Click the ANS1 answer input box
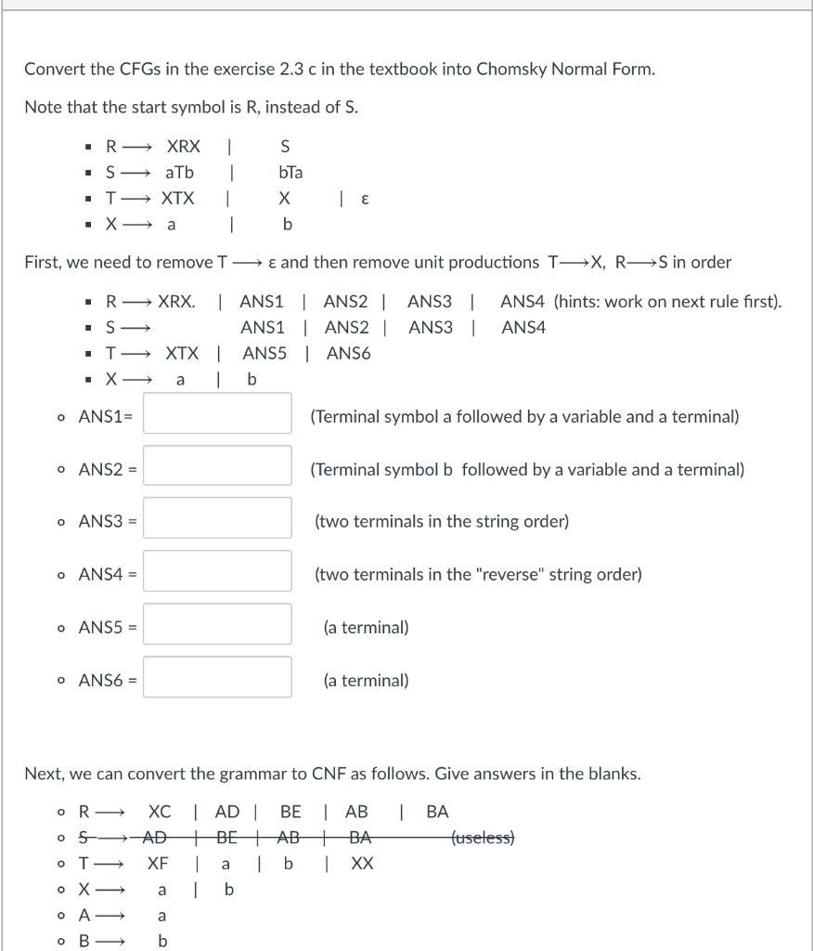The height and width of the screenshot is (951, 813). [x=218, y=416]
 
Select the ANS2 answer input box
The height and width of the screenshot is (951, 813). [x=218, y=469]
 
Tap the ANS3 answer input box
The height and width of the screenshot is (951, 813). [x=218, y=521]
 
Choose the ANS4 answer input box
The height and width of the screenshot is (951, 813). [x=218, y=574]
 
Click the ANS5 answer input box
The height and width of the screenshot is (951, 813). [x=218, y=627]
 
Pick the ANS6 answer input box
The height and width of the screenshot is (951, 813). [x=218, y=680]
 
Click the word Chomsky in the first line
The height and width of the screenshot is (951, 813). [x=509, y=70]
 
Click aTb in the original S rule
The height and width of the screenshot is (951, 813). [x=180, y=173]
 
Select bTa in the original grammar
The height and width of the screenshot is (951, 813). [x=290, y=173]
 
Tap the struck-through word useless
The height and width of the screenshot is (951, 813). [x=483, y=837]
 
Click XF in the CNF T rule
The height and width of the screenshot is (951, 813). [x=158, y=863]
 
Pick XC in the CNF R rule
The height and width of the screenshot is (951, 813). [x=159, y=811]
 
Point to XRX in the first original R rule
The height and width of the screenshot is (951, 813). [x=182, y=146]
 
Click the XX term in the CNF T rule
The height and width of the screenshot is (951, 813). [x=363, y=863]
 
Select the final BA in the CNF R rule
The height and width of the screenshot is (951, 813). [x=437, y=811]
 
